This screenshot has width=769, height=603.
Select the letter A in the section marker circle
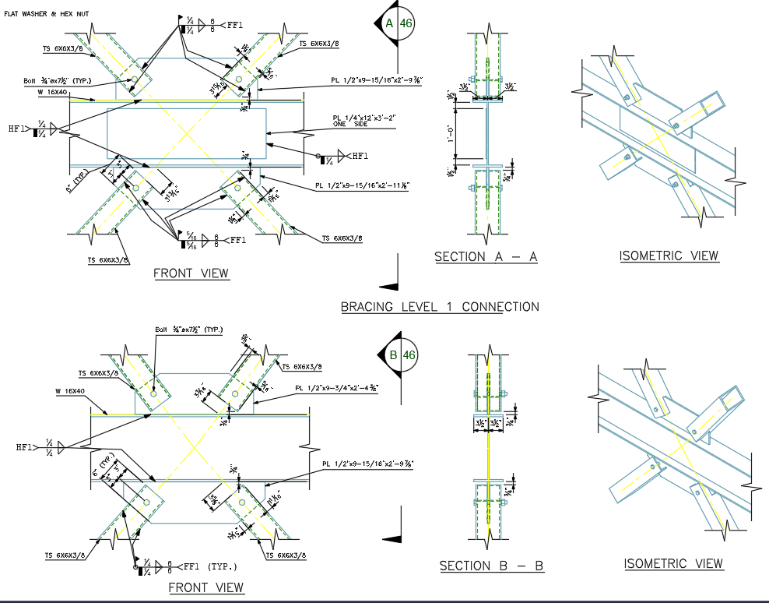[390, 23]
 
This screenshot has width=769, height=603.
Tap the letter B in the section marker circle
[393, 356]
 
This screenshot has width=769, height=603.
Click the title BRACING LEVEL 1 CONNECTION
[440, 306]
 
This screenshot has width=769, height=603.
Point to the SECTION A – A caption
[486, 256]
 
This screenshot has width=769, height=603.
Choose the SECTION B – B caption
[491, 566]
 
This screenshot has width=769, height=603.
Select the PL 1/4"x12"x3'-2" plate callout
[363, 118]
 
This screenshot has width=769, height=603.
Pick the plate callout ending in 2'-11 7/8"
[363, 185]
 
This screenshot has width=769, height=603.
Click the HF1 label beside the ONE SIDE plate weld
[359, 157]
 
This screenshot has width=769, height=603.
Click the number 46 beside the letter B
[409, 356]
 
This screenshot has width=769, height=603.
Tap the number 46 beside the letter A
[406, 23]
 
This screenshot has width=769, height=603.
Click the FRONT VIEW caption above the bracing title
[191, 273]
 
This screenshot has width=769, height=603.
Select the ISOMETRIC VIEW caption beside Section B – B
[673, 563]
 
